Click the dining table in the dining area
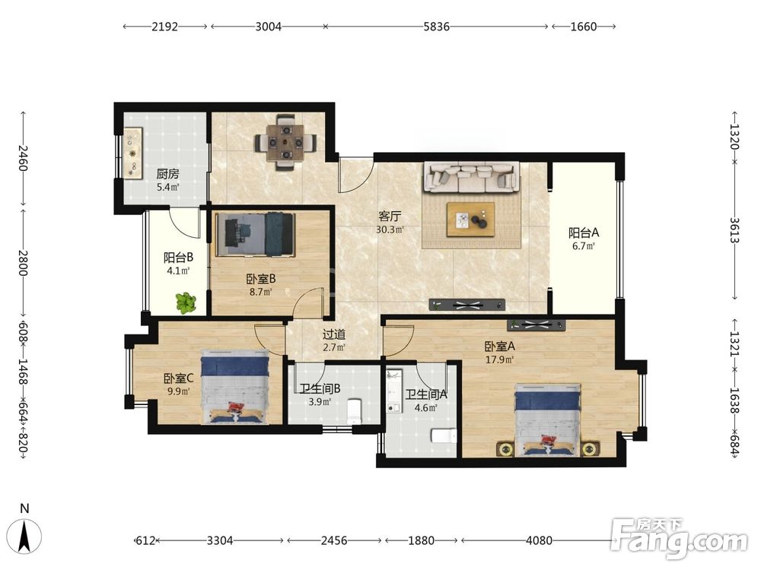[x=286, y=142]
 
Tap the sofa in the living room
[x=471, y=177]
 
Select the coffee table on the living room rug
[x=471, y=220]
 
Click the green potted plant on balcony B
[x=186, y=303]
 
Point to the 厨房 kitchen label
[x=167, y=173]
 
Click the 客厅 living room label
[x=389, y=216]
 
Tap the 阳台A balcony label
[x=584, y=233]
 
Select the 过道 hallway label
[x=334, y=334]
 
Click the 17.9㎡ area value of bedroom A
[x=499, y=359]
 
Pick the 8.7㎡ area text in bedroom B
[x=260, y=292]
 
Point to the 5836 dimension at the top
[x=436, y=27]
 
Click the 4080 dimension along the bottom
[x=539, y=540]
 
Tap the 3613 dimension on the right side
[x=734, y=231]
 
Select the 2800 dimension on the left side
[x=22, y=263]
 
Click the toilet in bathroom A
[x=444, y=435]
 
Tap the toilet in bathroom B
[x=355, y=411]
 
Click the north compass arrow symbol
[x=25, y=537]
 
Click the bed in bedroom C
[x=235, y=387]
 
